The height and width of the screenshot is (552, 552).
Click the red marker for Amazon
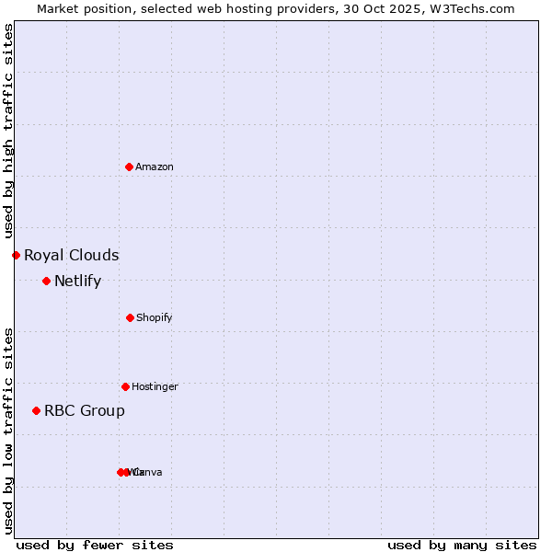[x=129, y=167]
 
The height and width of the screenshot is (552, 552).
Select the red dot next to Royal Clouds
[x=16, y=255]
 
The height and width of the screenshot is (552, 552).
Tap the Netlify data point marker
[x=46, y=281]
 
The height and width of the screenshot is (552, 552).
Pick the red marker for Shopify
[x=130, y=317]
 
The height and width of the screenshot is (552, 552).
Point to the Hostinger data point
[x=125, y=386]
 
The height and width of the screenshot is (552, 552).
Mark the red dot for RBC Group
[x=36, y=410]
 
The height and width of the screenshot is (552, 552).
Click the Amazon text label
[x=155, y=167]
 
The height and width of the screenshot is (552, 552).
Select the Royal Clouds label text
[x=72, y=256]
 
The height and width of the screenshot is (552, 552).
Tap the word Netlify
[x=77, y=282]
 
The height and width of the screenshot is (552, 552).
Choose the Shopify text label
[x=155, y=318]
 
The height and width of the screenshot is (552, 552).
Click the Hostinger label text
[x=155, y=387]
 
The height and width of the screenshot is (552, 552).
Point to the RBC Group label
[x=85, y=411]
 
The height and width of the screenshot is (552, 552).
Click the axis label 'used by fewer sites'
[x=95, y=545]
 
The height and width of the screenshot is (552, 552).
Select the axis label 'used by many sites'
[x=462, y=545]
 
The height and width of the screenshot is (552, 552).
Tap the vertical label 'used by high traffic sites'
[x=9, y=131]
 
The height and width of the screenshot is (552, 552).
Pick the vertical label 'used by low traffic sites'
[x=9, y=430]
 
